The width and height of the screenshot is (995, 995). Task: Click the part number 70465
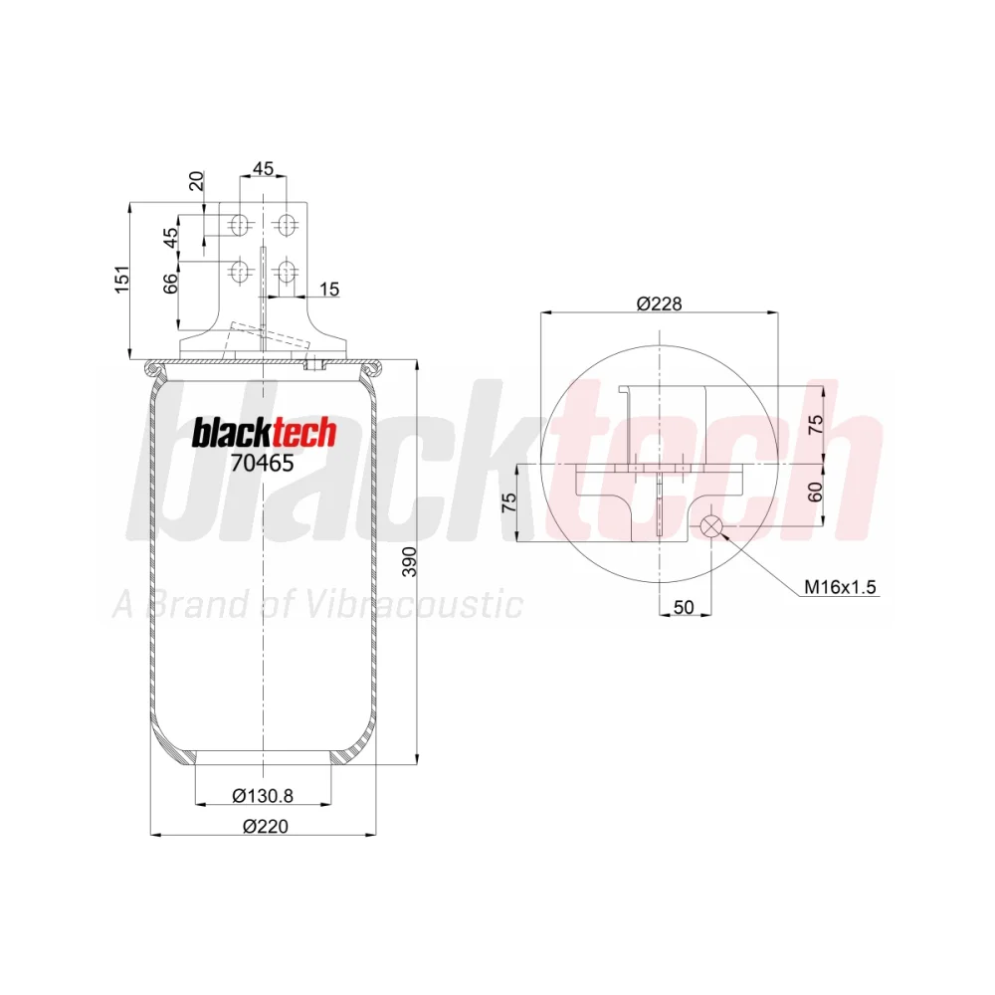(262, 464)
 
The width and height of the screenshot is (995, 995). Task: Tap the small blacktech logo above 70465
(264, 434)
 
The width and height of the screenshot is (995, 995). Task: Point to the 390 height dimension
(411, 561)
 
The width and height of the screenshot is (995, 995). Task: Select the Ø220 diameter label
(266, 826)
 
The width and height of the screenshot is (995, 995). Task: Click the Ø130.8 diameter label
(263, 795)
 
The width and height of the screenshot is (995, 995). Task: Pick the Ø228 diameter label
(659, 303)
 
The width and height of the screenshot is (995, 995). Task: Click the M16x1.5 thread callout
(840, 587)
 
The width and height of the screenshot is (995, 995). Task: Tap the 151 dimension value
(121, 280)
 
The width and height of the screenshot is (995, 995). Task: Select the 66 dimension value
(171, 284)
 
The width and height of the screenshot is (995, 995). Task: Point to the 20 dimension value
(197, 181)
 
